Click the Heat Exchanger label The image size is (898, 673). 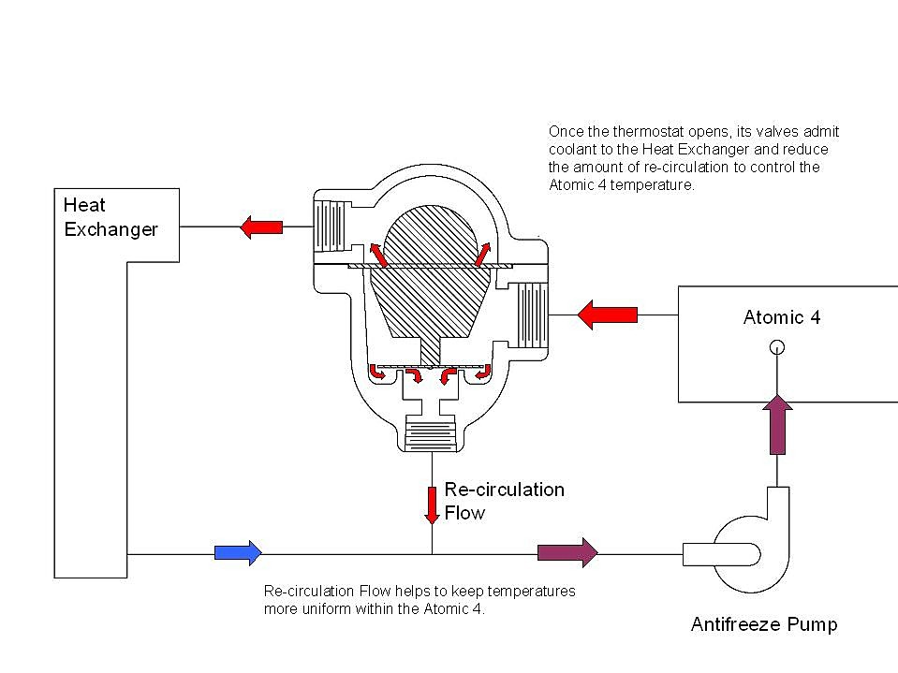(110, 216)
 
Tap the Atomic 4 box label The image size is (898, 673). (781, 317)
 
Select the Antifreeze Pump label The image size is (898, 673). (763, 624)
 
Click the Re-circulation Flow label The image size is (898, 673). (504, 501)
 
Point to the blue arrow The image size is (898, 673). (238, 552)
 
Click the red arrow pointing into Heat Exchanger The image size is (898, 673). (262, 226)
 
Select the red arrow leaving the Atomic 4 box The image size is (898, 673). (607, 315)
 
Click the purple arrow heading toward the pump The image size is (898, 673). (567, 552)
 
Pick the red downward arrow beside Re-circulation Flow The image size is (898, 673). (432, 504)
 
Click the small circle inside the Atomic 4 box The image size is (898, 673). (776, 347)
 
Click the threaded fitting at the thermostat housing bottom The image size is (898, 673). (432, 436)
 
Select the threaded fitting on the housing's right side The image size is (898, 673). (531, 315)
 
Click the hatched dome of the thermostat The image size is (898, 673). (431, 234)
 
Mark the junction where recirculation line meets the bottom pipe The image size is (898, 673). (432, 553)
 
